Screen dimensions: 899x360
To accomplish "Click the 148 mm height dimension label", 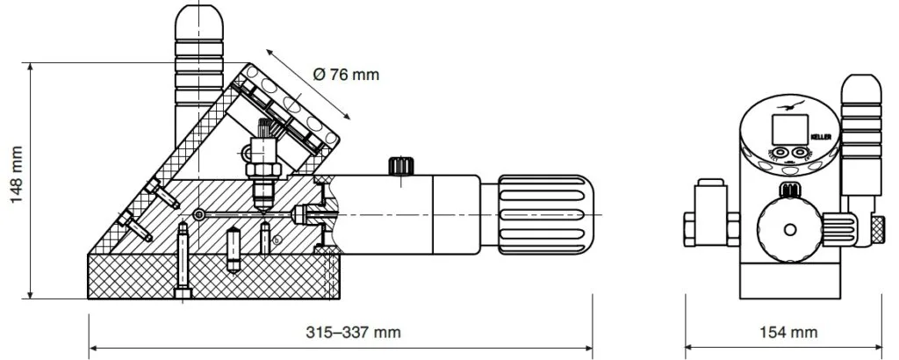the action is click(x=17, y=174).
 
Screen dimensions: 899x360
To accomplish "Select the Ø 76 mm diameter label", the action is click(x=346, y=75).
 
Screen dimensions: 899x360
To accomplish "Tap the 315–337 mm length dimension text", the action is click(x=353, y=333).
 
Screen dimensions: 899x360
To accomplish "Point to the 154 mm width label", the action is click(x=788, y=333).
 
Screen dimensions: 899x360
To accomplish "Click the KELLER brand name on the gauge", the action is click(x=821, y=137).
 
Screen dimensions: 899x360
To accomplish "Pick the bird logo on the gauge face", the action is click(x=791, y=105).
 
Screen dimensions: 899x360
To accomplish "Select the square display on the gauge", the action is click(x=790, y=130).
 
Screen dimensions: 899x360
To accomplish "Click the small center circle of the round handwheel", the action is click(x=790, y=230).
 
